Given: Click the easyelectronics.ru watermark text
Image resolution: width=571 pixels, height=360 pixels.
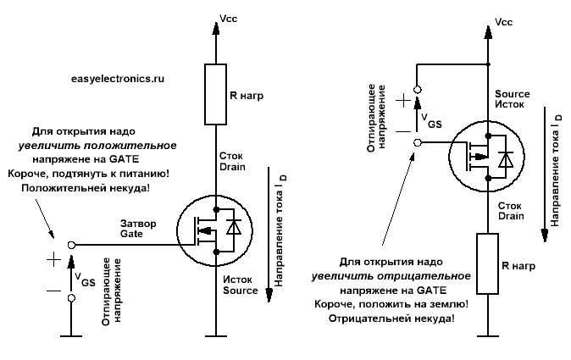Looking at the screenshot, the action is [x=118, y=79].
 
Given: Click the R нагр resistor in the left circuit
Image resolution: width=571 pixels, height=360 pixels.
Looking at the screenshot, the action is [x=215, y=94].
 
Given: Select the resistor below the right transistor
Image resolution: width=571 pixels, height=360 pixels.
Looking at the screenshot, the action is [x=488, y=263].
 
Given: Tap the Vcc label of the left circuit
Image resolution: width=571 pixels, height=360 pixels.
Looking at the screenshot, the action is [x=229, y=18].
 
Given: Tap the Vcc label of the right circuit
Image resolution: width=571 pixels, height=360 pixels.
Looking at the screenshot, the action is [x=503, y=22].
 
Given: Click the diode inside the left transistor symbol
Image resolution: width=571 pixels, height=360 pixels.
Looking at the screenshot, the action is [x=233, y=227].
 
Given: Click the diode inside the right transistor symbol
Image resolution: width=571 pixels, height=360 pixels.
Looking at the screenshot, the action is [x=506, y=159].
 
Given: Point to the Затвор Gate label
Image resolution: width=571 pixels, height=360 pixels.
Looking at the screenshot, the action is [x=138, y=228].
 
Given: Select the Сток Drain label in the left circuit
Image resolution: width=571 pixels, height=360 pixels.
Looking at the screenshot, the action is [x=232, y=161].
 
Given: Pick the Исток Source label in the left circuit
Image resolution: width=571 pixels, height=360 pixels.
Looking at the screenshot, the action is [x=241, y=285].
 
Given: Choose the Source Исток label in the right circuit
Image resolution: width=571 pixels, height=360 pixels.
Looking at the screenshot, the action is [x=512, y=99].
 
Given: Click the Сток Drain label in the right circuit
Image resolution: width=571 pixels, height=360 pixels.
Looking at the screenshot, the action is [x=511, y=211].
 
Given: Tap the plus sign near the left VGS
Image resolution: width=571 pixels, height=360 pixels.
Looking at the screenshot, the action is [x=53, y=259].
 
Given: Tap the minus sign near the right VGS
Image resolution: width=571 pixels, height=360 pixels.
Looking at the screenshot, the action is [x=403, y=131].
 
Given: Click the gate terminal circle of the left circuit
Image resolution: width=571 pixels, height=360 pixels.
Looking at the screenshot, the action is [x=72, y=245].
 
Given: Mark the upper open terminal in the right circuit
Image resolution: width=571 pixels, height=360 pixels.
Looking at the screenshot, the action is [x=418, y=90].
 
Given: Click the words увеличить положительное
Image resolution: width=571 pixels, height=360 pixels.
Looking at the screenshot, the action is [x=97, y=146].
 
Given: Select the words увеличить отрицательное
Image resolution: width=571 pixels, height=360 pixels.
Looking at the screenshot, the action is [x=391, y=276].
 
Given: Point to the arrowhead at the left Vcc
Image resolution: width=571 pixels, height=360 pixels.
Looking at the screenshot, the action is [x=215, y=29].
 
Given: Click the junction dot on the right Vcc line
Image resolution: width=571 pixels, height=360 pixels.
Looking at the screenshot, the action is [x=488, y=64].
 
